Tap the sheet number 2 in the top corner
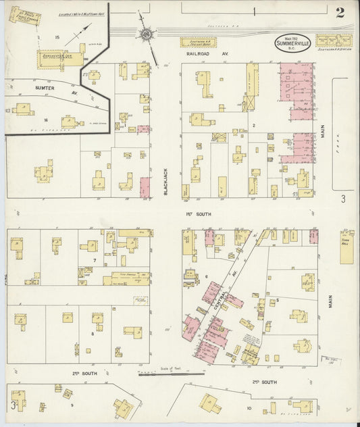(339, 11)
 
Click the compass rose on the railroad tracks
(145, 33)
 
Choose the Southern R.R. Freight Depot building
(199, 42)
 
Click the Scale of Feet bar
(171, 374)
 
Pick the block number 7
(95, 259)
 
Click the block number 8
(93, 332)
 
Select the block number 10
(249, 408)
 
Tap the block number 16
(46, 120)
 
